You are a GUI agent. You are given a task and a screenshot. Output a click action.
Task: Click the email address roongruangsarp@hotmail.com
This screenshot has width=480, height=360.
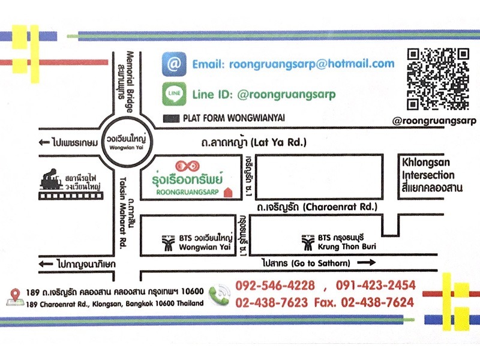click(x=293, y=64)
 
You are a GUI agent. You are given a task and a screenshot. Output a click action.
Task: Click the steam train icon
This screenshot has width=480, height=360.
click(x=51, y=179)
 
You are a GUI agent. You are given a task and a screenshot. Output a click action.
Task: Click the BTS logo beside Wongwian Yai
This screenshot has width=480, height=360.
click(x=167, y=242)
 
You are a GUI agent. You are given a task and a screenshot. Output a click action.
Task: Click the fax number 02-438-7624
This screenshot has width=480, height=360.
click(x=377, y=302)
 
